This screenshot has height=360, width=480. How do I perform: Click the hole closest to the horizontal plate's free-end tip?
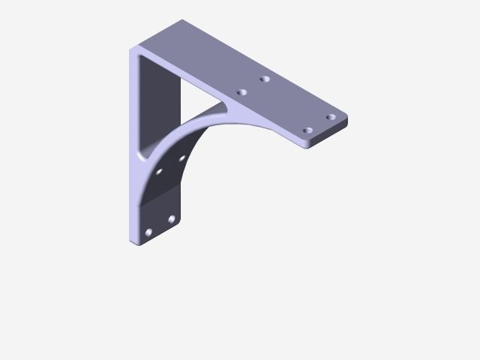(330, 117)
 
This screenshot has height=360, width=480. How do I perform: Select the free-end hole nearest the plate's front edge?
(307, 130)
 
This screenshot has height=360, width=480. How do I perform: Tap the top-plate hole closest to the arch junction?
(241, 92)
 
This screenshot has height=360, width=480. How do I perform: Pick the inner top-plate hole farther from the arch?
(265, 79)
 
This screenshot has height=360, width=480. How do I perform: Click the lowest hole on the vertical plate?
(148, 232)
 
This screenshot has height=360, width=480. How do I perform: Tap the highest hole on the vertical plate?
(181, 158)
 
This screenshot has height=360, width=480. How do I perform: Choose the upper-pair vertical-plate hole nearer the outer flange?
(158, 171)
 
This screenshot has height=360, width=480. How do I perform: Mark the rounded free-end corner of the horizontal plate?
(345, 118)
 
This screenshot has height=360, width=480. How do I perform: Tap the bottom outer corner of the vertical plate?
(133, 241)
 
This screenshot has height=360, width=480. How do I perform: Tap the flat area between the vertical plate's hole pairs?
(161, 199)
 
